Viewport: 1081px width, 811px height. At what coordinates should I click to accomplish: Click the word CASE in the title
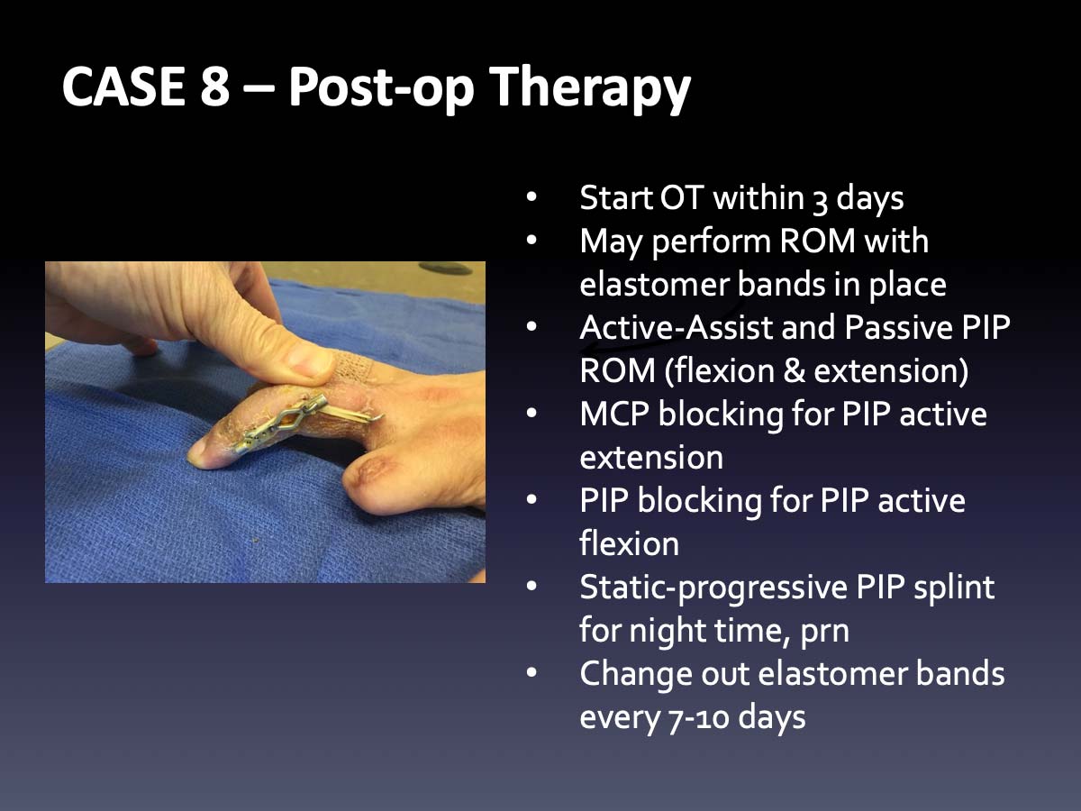(x=123, y=87)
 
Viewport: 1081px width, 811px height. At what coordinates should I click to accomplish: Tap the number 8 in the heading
(x=214, y=87)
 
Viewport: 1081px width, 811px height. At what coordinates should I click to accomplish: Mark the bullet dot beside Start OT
(x=531, y=197)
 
